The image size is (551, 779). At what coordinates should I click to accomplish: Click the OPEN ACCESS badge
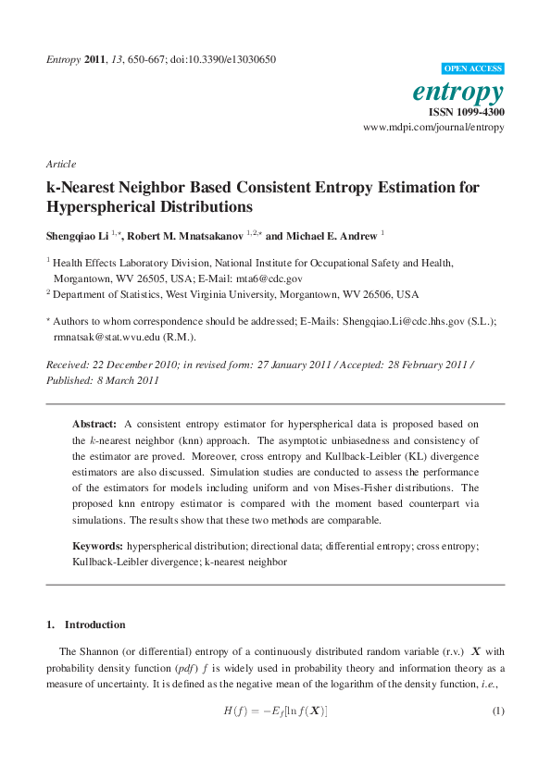pyautogui.click(x=473, y=68)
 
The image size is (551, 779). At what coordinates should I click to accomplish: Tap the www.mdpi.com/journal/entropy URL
pyautogui.click(x=433, y=127)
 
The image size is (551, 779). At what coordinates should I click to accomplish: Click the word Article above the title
pyautogui.click(x=61, y=164)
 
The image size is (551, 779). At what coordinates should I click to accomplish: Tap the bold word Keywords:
pyautogui.click(x=97, y=547)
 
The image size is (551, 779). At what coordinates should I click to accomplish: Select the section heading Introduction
pyautogui.click(x=95, y=624)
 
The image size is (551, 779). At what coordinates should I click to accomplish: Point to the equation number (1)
pyautogui.click(x=497, y=711)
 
